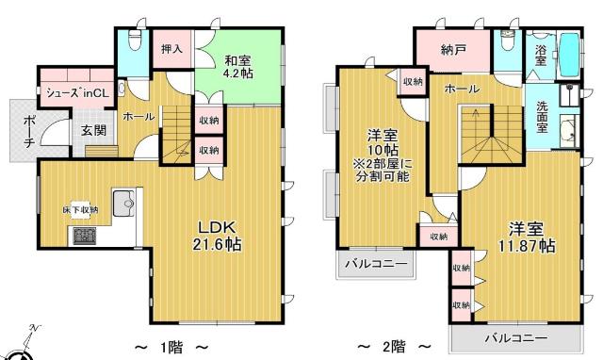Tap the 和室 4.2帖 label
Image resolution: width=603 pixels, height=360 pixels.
pos(233,62)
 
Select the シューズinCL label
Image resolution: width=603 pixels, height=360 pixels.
pos(76,93)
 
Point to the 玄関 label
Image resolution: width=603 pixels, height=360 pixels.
pos(92,131)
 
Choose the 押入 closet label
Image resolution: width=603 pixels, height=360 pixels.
pos(171,49)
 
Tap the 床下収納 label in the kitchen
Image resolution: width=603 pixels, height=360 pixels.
pos(81,209)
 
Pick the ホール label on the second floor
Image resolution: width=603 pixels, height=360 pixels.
pos(461,89)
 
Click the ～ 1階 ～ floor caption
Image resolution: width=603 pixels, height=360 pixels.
pos(172,347)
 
